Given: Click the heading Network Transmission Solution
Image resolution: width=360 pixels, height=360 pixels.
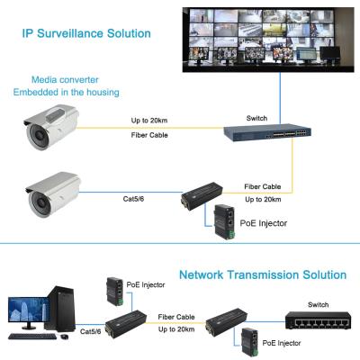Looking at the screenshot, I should (263, 274).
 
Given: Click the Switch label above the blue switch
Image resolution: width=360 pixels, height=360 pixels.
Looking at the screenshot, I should (256, 118).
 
